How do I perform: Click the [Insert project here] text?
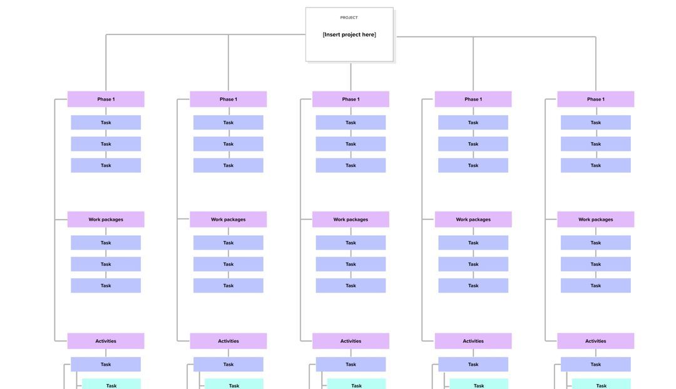(349, 34)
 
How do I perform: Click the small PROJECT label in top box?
(349, 18)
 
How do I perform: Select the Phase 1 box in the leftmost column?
(106, 99)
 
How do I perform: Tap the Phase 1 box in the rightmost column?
(595, 99)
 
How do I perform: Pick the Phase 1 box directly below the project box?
(351, 99)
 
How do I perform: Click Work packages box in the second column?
(228, 220)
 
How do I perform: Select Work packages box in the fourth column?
(473, 220)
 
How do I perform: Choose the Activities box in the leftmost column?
(106, 341)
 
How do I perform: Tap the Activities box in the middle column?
(351, 341)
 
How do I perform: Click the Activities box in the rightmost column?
(595, 341)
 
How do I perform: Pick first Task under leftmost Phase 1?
(106, 123)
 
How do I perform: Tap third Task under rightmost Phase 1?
(595, 166)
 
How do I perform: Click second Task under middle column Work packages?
(351, 264)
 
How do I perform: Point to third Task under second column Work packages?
(228, 286)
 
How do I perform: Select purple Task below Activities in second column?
(228, 365)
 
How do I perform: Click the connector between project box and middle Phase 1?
(351, 76)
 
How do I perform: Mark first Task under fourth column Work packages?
(473, 243)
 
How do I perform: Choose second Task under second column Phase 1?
(228, 144)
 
